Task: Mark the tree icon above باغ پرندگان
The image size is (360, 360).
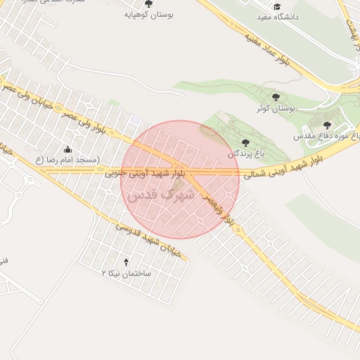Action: (244, 142)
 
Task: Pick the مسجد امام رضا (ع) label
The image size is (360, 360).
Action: (67, 160)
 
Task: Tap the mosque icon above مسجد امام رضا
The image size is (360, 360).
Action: (67, 149)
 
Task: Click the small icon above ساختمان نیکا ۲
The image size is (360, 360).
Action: (127, 262)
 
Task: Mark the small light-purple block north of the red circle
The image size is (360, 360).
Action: (134, 121)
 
